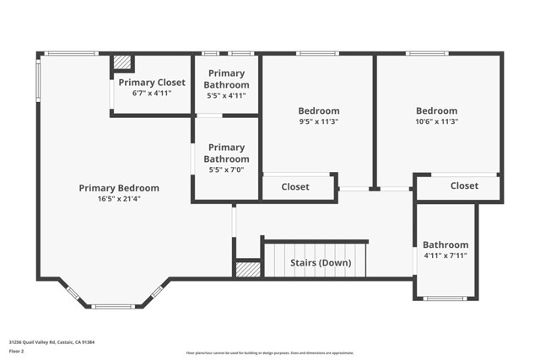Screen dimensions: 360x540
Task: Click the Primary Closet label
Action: [152, 82]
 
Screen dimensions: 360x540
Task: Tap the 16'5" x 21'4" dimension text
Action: [119, 200]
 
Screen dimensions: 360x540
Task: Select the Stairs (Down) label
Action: [321, 262]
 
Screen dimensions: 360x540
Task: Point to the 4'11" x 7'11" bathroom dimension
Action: [445, 255]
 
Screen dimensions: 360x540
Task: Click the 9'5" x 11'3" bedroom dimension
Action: [318, 121]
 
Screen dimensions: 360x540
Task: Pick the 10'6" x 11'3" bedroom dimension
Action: [436, 121]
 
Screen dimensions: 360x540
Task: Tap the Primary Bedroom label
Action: [119, 188]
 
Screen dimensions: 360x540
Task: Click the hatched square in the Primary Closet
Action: [123, 63]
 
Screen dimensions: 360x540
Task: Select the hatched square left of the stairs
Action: [248, 269]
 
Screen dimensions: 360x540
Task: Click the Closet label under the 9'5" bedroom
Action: [295, 186]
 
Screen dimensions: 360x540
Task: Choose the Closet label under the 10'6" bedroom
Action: [464, 185]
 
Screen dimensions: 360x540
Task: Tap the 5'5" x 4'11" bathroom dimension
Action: [227, 96]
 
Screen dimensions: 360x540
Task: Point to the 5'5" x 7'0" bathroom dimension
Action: [227, 169]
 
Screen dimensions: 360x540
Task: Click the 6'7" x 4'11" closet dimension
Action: [152, 93]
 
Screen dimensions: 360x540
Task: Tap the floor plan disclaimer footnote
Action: [270, 352]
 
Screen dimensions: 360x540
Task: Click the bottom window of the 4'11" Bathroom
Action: [445, 298]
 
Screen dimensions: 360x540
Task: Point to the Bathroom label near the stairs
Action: [445, 244]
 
